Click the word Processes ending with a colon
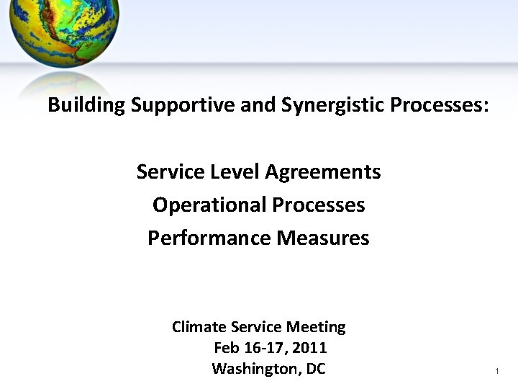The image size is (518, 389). [440, 106]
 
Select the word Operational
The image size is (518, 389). [209, 205]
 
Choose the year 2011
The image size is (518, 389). [312, 348]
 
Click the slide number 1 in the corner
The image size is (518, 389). [496, 371]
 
